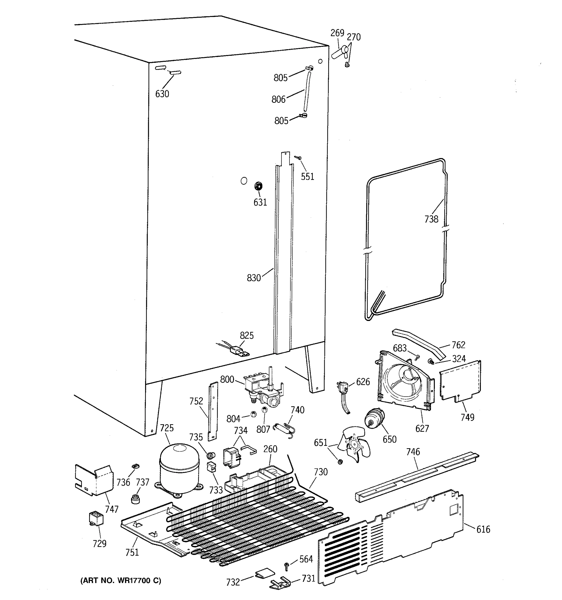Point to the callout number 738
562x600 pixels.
pos(431,219)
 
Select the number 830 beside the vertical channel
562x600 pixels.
pos(254,278)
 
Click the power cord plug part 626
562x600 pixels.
pos(342,387)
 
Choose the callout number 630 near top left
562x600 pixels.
pos(162,94)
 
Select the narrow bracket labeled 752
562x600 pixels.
pos(213,411)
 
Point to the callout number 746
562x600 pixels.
pos(413,452)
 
